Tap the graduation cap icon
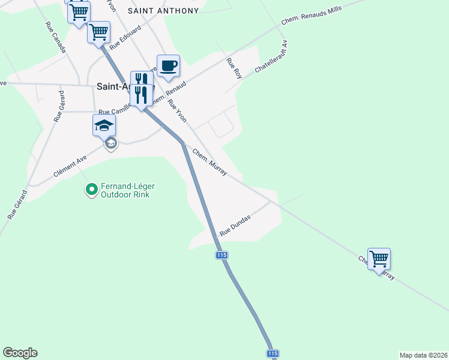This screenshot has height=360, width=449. pos(104,125)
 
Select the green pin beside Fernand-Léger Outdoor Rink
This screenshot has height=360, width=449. pos(91,190)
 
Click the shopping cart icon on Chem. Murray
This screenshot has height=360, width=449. pos(379,259)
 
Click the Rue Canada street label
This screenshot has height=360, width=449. pos(55,37)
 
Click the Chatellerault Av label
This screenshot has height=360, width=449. pos(271,57)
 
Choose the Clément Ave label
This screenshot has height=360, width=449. pos(70,163)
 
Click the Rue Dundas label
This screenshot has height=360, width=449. pos(235,226)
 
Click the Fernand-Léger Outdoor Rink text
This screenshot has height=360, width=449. pos(125,190)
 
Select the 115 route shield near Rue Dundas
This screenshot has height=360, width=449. pos(221,256)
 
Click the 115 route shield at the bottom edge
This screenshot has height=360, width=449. pos(273,354)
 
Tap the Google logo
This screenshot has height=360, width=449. pos(20,353)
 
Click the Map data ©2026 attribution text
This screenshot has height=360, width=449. pos(423,355)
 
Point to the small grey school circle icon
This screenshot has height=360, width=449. pos(110,143)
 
